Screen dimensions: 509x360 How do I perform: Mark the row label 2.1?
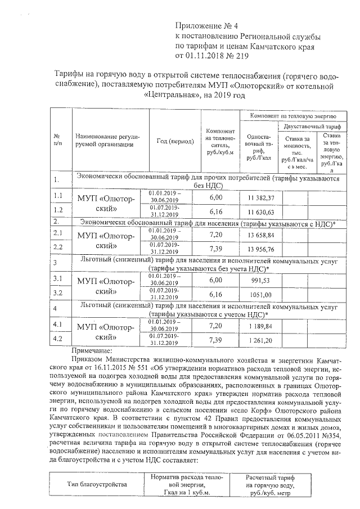click(57, 232)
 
